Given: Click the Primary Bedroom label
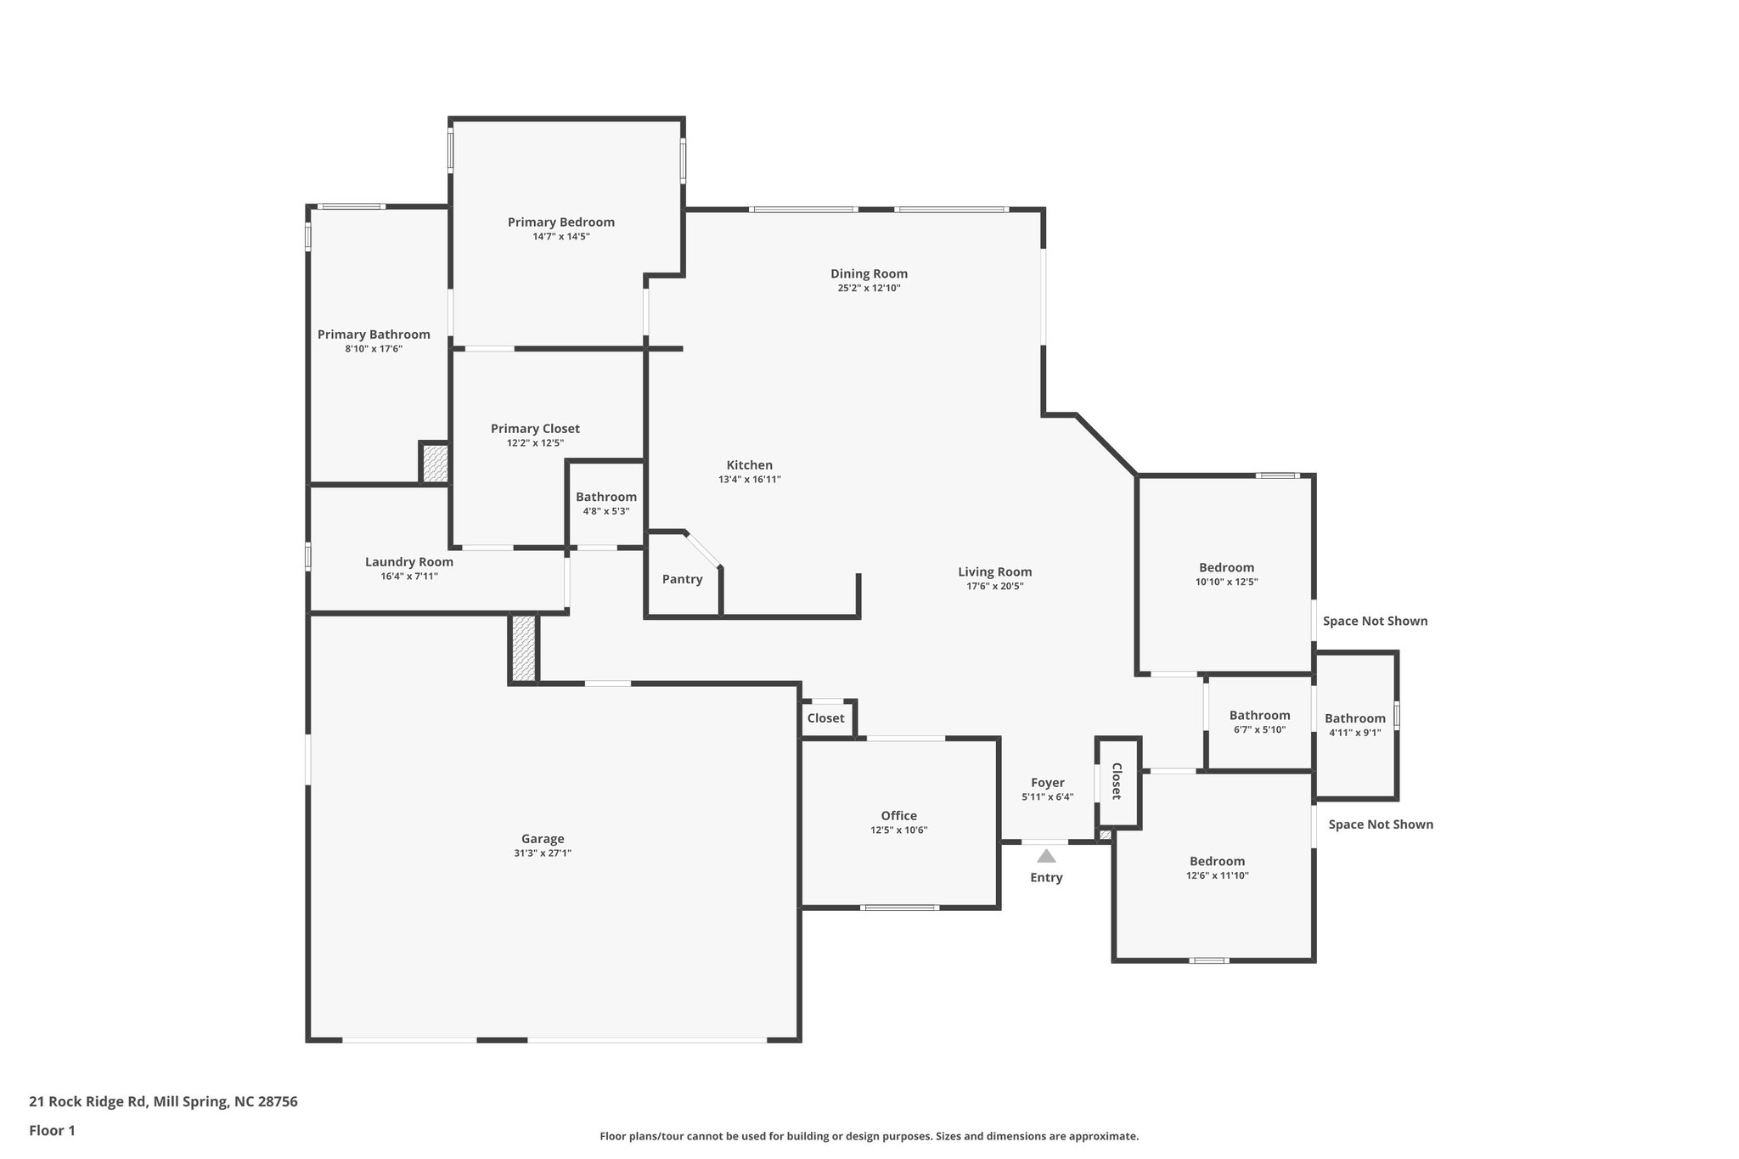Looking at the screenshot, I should point(560,222).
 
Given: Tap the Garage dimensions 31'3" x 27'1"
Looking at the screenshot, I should point(542,853).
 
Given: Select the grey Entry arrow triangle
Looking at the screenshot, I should point(1046,856).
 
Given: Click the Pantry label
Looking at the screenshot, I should point(682,579).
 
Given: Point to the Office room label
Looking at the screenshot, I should point(898,816).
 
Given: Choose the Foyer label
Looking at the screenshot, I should point(1047,783).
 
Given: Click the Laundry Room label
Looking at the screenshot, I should point(408,562).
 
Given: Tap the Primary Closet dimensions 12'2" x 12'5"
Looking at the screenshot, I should point(535,443).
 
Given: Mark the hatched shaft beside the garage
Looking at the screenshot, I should point(524,648).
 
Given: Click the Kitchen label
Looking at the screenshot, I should point(749,465).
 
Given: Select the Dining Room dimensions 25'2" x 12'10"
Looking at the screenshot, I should point(869,289).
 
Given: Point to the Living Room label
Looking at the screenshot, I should point(994,572).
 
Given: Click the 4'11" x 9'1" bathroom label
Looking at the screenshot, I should point(1354,718).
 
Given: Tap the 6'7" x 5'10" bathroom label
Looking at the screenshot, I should point(1259,716).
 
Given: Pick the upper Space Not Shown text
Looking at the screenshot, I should point(1375,622).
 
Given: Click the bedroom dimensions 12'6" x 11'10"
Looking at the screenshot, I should point(1217,875).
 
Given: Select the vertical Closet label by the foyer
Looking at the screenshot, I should point(1117,781).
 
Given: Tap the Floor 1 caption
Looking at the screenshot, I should point(52,1130).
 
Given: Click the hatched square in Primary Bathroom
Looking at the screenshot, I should point(435,464).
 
